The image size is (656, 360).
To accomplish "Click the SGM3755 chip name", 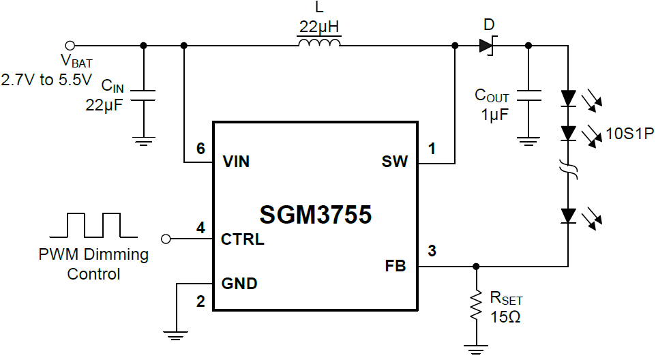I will pyautogui.click(x=315, y=215).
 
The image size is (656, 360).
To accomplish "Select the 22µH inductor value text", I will pyautogui.click(x=318, y=28).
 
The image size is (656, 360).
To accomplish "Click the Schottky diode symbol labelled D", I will pyautogui.click(x=486, y=46).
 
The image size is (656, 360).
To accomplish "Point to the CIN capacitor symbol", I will pyautogui.click(x=143, y=95).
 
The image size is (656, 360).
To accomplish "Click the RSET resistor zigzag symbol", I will pyautogui.click(x=475, y=307).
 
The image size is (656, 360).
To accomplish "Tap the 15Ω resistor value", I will pyautogui.click(x=505, y=317).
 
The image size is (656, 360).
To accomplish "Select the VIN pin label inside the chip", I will pyautogui.click(x=236, y=162).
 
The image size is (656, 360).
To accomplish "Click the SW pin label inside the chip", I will pyautogui.click(x=395, y=162).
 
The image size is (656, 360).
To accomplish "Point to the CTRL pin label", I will pyautogui.click(x=242, y=239).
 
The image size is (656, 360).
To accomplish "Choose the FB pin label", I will pyautogui.click(x=395, y=267).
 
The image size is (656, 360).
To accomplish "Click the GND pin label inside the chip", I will pyautogui.click(x=239, y=284).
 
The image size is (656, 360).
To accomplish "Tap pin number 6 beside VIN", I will pyautogui.click(x=200, y=149).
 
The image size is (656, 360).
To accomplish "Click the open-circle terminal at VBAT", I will pyautogui.click(x=69, y=46).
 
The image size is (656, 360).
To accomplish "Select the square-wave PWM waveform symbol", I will pyautogui.click(x=94, y=224).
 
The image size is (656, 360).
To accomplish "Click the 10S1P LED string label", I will pyautogui.click(x=629, y=134).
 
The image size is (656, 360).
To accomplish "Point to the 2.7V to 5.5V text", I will pyautogui.click(x=46, y=80).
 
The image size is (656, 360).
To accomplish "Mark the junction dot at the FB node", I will pyautogui.click(x=475, y=266).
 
